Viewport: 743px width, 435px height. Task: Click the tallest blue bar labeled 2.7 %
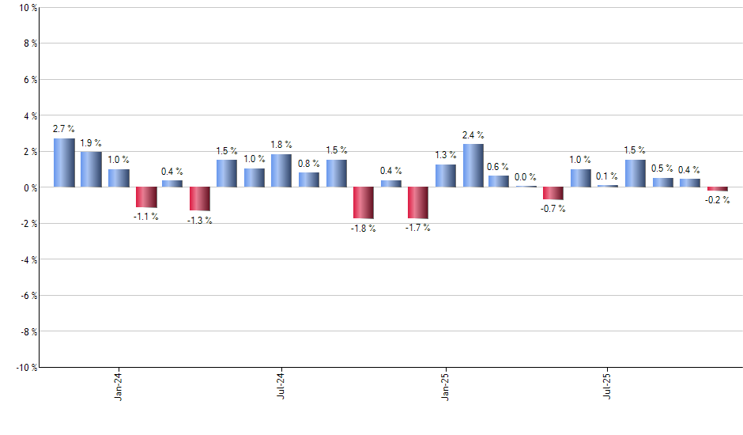point(64,163)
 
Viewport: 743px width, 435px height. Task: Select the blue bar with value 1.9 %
point(91,169)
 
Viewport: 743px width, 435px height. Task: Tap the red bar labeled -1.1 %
point(145,197)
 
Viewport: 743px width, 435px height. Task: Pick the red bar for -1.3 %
point(200,199)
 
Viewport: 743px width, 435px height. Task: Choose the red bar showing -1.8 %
point(363,202)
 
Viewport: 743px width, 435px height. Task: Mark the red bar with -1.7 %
point(417,202)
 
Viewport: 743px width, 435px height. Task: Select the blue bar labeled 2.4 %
point(473,165)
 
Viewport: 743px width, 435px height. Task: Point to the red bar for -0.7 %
point(553,193)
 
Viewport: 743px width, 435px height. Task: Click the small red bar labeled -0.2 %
point(717,189)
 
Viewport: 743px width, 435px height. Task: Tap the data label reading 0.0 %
point(525,177)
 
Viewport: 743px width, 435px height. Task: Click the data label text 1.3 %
point(445,155)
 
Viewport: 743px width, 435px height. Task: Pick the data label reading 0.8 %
point(309,164)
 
